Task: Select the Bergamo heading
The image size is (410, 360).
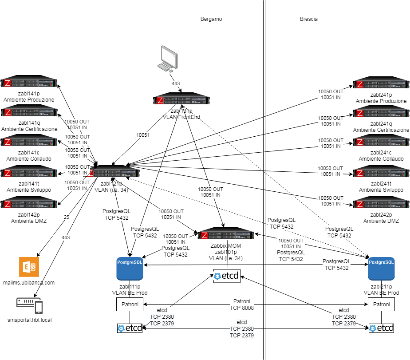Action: point(211,19)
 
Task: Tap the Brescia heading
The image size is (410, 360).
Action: point(308,19)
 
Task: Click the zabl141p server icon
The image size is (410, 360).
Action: point(29,83)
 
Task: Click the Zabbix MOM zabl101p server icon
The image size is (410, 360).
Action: point(227,236)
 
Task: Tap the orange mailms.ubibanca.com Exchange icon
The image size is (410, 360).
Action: point(29,267)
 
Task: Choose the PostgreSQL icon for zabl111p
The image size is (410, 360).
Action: point(130,268)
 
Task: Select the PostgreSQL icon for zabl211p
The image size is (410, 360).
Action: point(381,268)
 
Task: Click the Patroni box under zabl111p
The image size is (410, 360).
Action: point(130,305)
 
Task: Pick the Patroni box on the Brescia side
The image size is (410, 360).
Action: point(381,305)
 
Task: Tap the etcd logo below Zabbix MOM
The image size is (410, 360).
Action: point(227,277)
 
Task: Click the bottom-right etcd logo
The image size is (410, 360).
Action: point(381,328)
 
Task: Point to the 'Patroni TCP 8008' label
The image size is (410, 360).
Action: point(242,304)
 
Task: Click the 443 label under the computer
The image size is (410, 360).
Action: point(176,83)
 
